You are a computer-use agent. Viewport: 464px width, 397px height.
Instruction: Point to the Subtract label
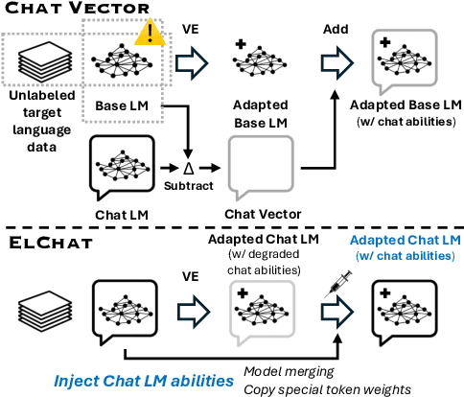[187, 184]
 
